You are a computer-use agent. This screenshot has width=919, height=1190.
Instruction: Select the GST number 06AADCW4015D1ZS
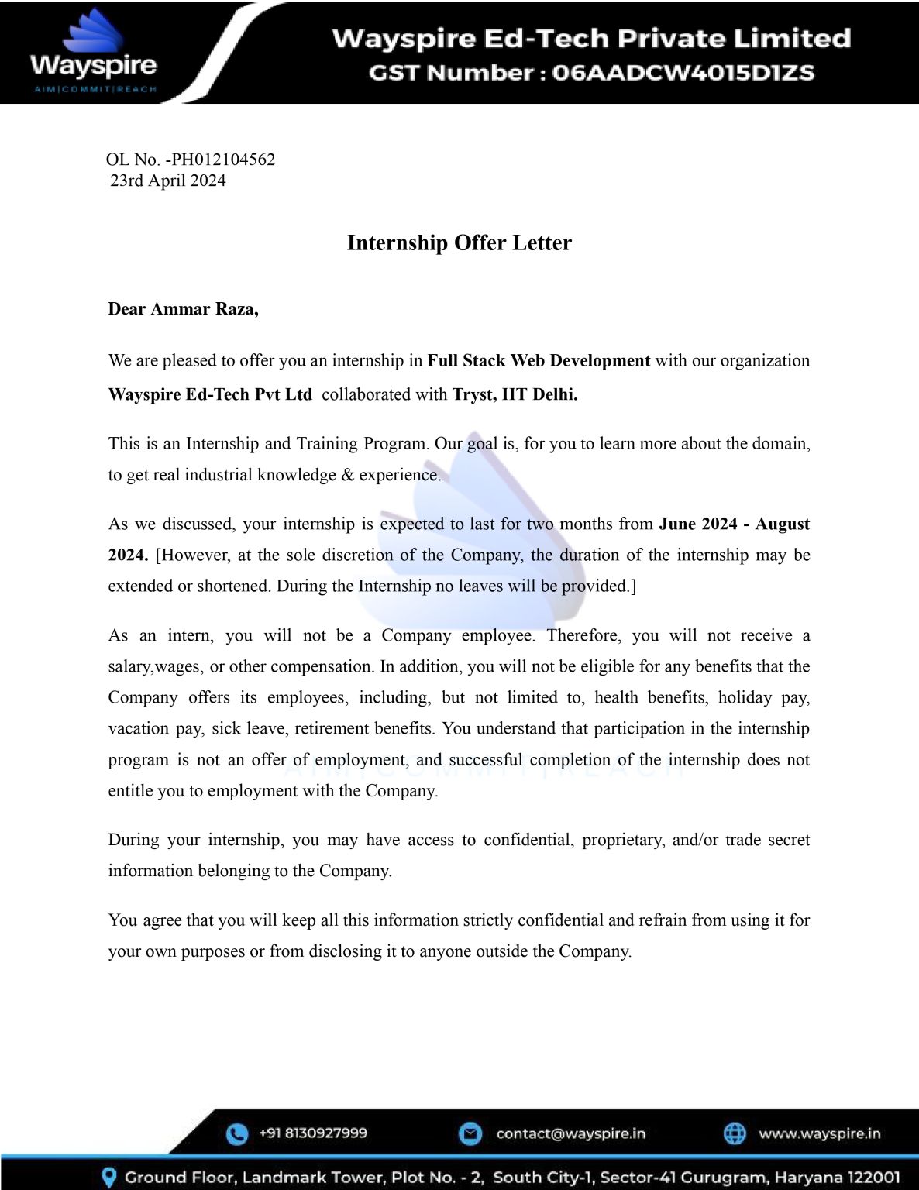click(683, 73)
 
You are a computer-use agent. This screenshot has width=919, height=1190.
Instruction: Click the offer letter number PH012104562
click(223, 160)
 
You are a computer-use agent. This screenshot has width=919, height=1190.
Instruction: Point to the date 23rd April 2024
click(168, 181)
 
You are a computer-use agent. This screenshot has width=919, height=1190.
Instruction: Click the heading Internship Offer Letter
click(459, 242)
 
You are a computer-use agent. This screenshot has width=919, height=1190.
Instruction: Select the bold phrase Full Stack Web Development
click(539, 361)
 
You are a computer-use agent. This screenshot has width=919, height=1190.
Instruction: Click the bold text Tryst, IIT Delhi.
click(515, 394)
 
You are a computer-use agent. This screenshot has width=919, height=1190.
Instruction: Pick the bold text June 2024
click(697, 524)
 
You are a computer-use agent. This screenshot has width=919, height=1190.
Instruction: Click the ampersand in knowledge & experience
click(347, 475)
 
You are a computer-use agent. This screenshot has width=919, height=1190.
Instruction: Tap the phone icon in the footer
click(237, 1133)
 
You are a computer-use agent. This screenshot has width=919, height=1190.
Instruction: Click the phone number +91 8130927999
click(313, 1133)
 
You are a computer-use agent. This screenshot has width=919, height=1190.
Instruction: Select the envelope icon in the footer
click(470, 1133)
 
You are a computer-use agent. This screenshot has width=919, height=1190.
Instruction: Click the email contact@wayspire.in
click(570, 1133)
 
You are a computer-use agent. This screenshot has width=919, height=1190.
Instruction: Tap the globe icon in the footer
click(735, 1133)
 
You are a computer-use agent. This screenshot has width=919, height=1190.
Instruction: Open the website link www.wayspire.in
click(819, 1133)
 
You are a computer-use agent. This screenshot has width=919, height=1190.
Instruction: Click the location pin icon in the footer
click(110, 1178)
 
